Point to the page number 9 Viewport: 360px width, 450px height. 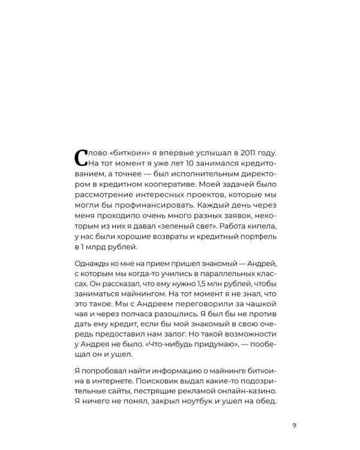[294, 427]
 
